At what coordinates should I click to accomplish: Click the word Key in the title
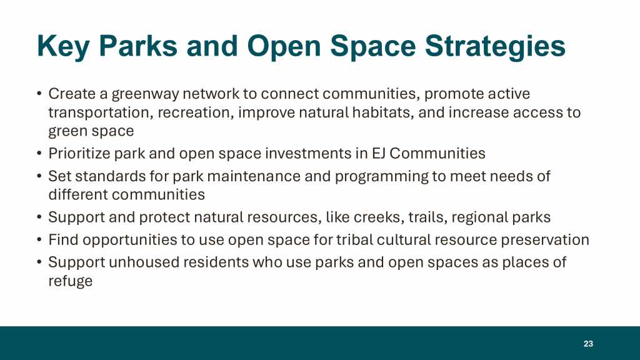pyautogui.click(x=63, y=46)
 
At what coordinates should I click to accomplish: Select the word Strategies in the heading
pyautogui.click(x=495, y=46)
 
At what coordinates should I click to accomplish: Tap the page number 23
pyautogui.click(x=588, y=344)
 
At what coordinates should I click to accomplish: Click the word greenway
pyautogui.click(x=145, y=94)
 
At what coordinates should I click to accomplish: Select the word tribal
pyautogui.click(x=354, y=239)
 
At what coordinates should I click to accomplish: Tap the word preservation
pyautogui.click(x=545, y=240)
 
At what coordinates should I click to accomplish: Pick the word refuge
pyautogui.click(x=70, y=281)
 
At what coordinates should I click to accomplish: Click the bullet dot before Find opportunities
pyautogui.click(x=39, y=239)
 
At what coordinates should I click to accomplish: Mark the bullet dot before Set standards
pyautogui.click(x=39, y=176)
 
